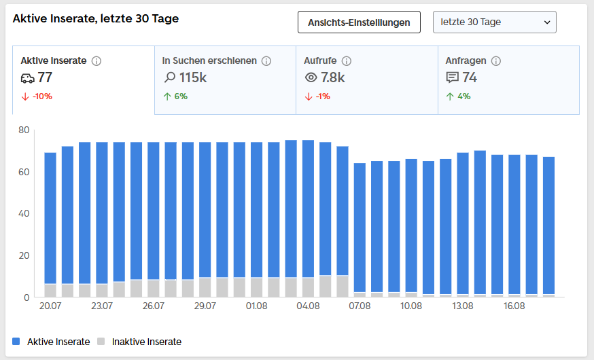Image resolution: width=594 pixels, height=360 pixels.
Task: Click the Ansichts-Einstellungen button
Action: (359, 22)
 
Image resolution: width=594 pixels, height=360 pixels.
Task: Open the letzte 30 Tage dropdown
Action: (494, 22)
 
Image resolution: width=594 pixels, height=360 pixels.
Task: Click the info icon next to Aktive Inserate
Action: (97, 61)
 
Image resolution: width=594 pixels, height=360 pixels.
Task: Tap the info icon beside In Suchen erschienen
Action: (266, 61)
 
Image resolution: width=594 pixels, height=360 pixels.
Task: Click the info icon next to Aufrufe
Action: (346, 61)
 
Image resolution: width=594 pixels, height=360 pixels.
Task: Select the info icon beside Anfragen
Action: (496, 61)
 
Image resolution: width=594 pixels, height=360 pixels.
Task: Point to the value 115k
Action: (193, 77)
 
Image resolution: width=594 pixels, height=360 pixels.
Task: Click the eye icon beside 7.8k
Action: (311, 77)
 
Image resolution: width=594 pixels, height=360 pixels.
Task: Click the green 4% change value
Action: (464, 96)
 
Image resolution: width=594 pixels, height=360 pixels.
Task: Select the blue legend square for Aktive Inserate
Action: (16, 342)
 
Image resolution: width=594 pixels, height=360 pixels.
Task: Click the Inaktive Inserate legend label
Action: (147, 342)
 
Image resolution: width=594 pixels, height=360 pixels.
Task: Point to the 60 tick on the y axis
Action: (24, 172)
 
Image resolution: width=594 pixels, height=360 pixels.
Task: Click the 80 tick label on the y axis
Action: (24, 130)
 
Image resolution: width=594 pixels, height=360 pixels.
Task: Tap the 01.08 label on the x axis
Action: (256, 306)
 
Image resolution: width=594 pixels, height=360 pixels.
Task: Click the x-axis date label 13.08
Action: (463, 306)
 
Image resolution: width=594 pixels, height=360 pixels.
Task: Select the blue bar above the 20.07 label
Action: (50, 218)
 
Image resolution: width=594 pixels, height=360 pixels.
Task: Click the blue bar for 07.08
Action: (360, 228)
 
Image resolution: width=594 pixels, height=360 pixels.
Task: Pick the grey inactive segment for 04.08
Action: (308, 287)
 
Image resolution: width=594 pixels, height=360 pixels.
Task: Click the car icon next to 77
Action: (28, 78)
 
